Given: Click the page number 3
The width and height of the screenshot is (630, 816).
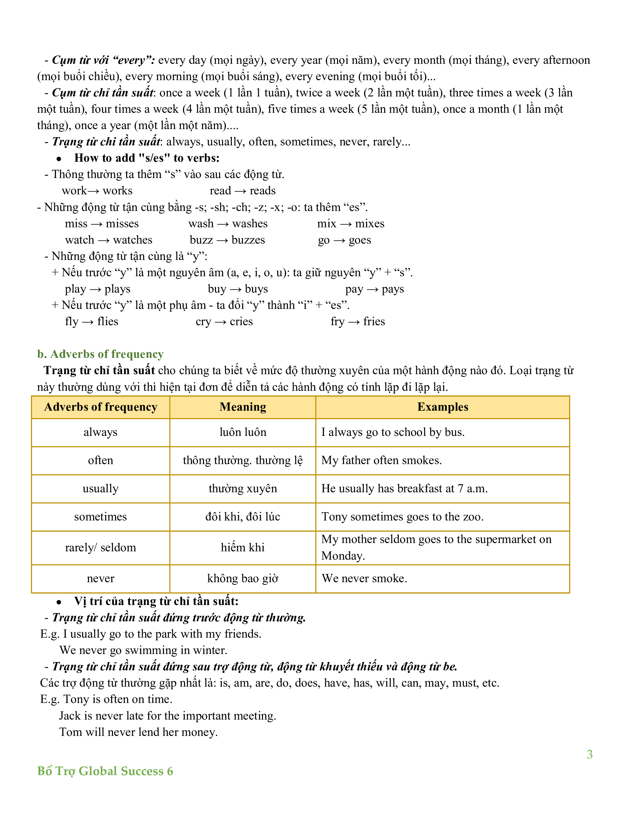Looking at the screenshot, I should click(x=589, y=754).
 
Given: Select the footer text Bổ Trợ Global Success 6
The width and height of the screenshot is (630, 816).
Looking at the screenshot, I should click(x=105, y=771).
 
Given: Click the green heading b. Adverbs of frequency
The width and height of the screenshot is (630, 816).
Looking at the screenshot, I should click(x=100, y=354).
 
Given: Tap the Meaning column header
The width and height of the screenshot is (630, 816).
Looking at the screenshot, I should click(x=243, y=407).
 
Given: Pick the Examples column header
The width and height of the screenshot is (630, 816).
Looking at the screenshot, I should click(x=442, y=407).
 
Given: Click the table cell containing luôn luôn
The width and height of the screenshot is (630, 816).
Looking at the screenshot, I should click(x=243, y=432).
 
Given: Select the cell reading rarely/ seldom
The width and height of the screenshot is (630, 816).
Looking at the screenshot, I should click(x=101, y=547).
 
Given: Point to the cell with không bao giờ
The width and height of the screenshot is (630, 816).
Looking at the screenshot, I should click(x=243, y=578).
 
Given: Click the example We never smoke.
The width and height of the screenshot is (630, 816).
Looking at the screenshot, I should click(x=364, y=578).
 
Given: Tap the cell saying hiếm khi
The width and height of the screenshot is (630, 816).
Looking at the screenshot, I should click(x=243, y=547).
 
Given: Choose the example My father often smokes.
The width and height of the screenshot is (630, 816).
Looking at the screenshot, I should click(x=382, y=460).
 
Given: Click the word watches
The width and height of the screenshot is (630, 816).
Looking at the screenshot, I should click(x=133, y=240).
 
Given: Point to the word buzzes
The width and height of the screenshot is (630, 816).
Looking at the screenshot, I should click(x=248, y=240).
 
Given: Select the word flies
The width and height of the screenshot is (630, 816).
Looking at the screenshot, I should click(x=108, y=321).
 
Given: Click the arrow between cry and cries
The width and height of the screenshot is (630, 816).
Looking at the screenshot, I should click(x=221, y=322).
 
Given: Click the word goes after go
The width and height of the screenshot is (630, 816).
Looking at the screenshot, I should click(x=360, y=240).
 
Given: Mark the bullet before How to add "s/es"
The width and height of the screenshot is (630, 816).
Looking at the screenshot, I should click(x=59, y=159).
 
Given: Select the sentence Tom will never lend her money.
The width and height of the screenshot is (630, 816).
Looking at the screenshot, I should click(x=138, y=732).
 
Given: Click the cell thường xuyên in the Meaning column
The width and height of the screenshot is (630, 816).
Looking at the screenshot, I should click(x=243, y=489).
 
